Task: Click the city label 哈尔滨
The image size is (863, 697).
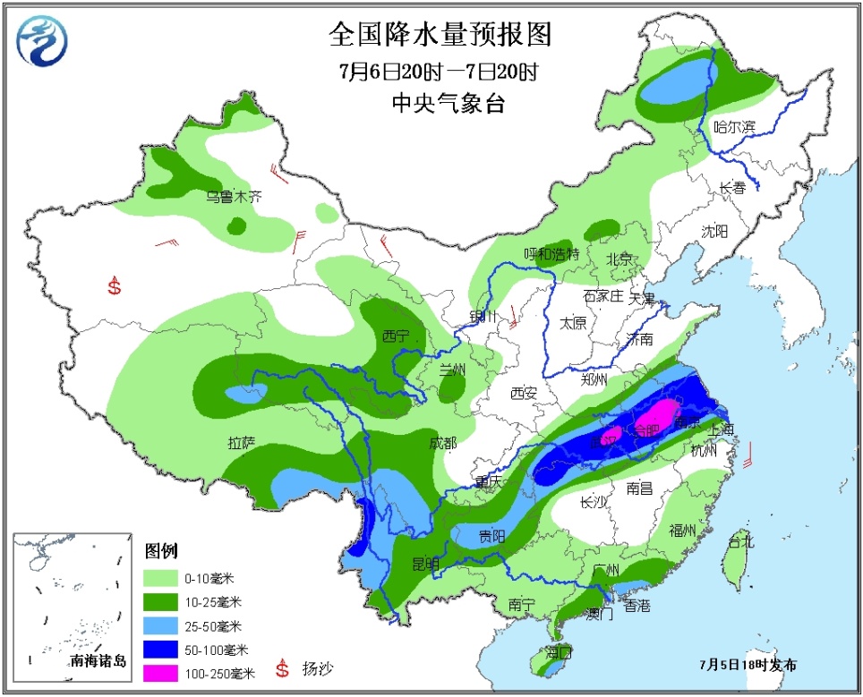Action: (x=734, y=129)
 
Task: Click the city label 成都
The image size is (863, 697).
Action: (x=442, y=442)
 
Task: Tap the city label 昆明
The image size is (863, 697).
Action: (x=425, y=564)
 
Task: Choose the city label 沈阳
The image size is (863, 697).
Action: (x=715, y=231)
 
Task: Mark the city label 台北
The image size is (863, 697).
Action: (x=741, y=541)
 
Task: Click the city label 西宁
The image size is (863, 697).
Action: (x=395, y=336)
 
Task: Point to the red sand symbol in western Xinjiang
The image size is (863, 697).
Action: (x=114, y=286)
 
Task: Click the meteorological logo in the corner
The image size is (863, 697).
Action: (x=42, y=40)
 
